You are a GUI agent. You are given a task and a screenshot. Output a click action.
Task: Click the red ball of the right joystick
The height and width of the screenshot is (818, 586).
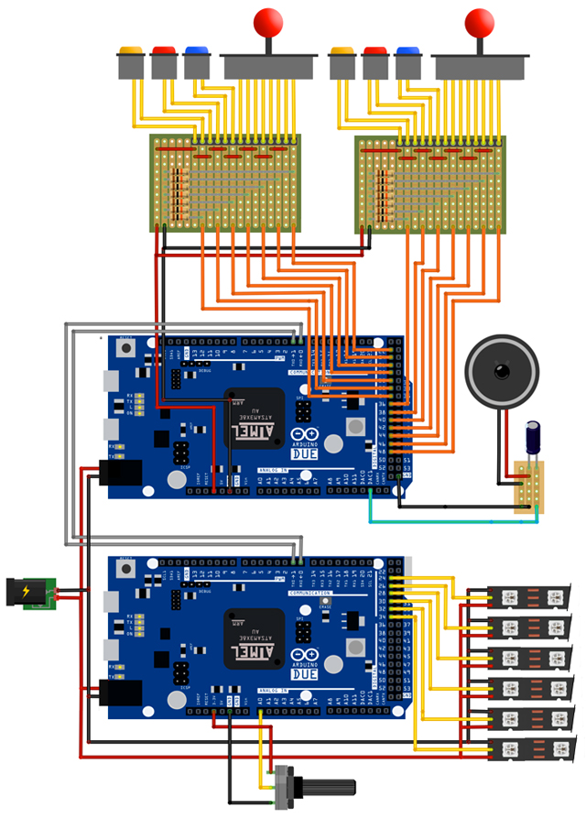tap(479, 21)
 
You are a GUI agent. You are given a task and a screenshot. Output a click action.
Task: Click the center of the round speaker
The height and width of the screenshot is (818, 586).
tap(501, 371)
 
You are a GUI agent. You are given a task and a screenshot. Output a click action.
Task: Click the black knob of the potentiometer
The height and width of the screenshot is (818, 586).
tap(324, 787)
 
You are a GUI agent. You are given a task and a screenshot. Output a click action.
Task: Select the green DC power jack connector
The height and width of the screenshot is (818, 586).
tap(31, 593)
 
